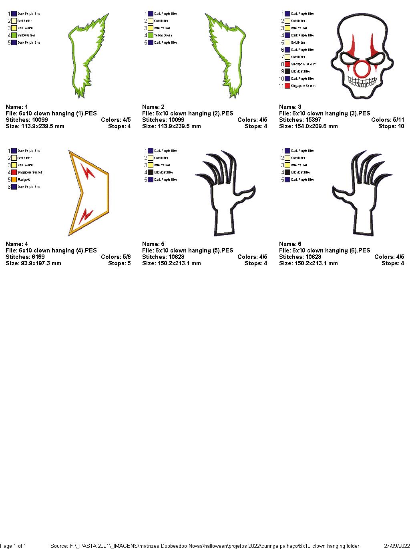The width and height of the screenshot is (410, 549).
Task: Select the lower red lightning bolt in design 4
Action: click(86, 216)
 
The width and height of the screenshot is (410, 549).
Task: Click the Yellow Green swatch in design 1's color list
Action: click(14, 35)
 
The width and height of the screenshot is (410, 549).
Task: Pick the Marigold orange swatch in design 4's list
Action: click(14, 180)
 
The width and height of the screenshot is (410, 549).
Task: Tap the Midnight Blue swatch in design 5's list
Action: click(151, 172)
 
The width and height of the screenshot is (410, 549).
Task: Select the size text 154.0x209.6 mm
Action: click(308, 126)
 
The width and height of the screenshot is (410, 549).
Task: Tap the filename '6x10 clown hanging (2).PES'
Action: click(187, 113)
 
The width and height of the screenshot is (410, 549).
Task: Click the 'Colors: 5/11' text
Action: click(387, 120)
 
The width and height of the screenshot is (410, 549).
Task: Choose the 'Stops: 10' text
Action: click(391, 126)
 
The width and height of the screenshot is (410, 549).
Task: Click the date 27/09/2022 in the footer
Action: click(396, 546)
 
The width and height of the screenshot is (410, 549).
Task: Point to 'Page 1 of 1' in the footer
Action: click(13, 546)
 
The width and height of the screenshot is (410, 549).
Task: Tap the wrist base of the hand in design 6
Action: click(364, 230)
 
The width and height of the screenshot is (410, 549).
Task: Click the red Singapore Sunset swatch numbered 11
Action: click(287, 86)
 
